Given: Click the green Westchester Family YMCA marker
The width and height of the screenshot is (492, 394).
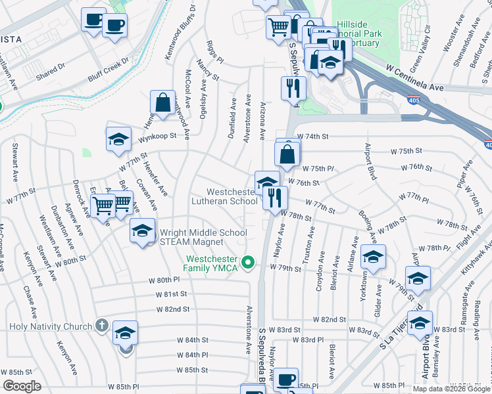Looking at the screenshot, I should click(x=248, y=263).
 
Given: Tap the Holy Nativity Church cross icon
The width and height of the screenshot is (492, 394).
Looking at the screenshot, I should click(x=101, y=325).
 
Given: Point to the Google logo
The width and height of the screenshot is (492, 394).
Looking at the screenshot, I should click(x=22, y=386).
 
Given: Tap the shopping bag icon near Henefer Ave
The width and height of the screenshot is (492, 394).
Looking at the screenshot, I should click(x=162, y=102).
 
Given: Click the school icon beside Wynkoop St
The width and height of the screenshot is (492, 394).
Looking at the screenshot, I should click(x=118, y=139).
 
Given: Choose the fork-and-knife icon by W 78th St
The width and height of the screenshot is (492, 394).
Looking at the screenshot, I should click(x=275, y=197).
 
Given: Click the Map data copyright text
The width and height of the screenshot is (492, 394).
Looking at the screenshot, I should click(x=451, y=388).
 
